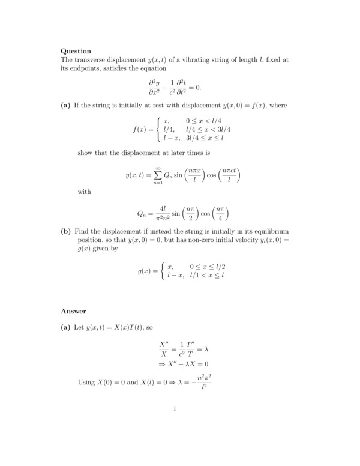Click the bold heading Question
tap(76, 51)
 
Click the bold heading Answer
tap(74, 311)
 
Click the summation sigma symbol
tap(158, 175)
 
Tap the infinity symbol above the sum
tap(158, 167)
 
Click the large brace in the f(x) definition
tap(158, 129)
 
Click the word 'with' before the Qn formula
tap(85, 193)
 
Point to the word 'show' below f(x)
tap(86, 152)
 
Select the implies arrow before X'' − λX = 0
tap(162, 364)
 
